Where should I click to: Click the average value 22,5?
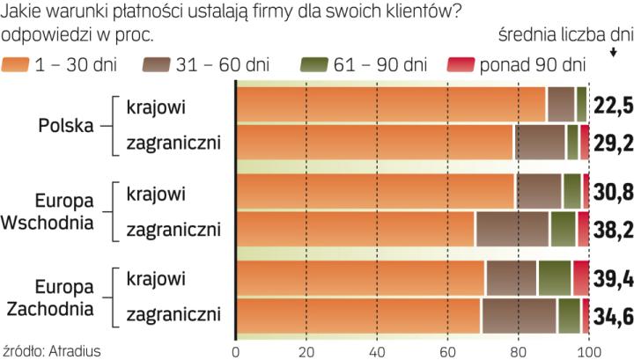pyautogui.click(x=612, y=106)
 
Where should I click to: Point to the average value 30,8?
pyautogui.click(x=612, y=191)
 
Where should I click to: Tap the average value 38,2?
pyautogui.click(x=612, y=230)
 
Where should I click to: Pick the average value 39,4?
pyautogui.click(x=612, y=278)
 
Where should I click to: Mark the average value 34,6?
pyautogui.click(x=612, y=316)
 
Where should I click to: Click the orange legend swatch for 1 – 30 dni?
pyautogui.click(x=15, y=64)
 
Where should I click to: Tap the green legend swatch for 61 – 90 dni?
pyautogui.click(x=313, y=64)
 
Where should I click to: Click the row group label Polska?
pyautogui.click(x=66, y=124)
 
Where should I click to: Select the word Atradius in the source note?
pyautogui.click(x=75, y=351)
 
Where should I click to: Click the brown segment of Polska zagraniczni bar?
pyautogui.click(x=540, y=143)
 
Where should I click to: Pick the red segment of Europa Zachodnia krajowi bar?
pyautogui.click(x=580, y=278)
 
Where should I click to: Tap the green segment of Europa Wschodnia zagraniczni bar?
pyautogui.click(x=563, y=230)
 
